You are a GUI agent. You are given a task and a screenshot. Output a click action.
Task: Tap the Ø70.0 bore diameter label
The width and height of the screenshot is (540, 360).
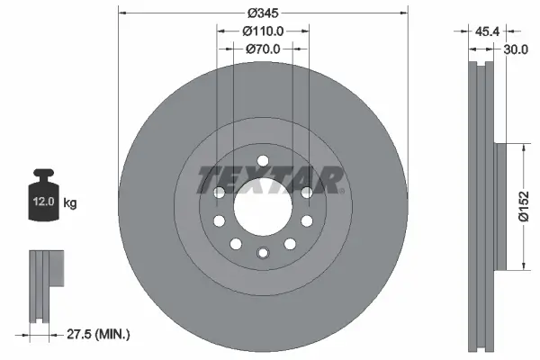[263, 50]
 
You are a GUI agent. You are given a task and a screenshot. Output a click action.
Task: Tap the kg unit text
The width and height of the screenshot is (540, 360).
[70, 203]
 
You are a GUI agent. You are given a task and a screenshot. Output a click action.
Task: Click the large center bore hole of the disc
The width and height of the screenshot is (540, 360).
[262, 207]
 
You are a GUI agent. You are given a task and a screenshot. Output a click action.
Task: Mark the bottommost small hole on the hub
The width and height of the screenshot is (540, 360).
[262, 253]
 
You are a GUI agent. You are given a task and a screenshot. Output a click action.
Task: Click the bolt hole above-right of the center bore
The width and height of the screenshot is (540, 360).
[306, 192]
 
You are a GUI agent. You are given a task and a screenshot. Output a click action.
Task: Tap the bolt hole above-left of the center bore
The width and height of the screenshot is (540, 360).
[219, 192]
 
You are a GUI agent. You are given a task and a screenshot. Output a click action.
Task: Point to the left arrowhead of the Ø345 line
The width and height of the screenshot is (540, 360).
[122, 13]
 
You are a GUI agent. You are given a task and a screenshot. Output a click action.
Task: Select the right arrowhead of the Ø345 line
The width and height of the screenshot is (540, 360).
[401, 13]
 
